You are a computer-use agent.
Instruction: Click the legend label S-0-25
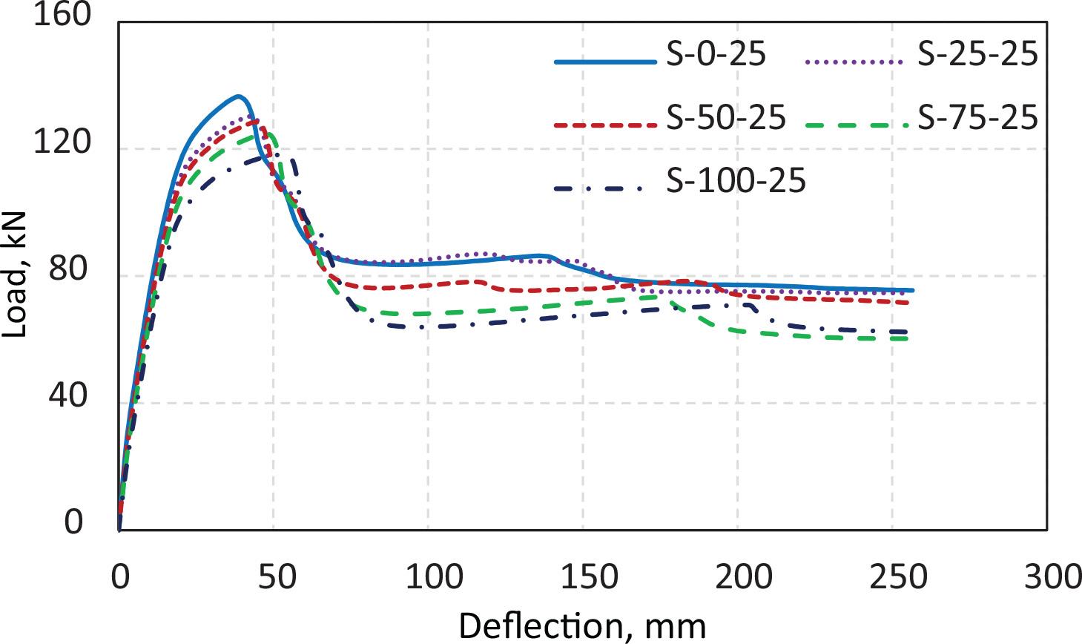pyautogui.click(x=716, y=56)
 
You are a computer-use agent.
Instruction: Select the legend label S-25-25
pyautogui.click(x=977, y=56)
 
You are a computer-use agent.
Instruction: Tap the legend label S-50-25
pyautogui.click(x=725, y=118)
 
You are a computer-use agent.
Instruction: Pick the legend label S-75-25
pyautogui.click(x=977, y=118)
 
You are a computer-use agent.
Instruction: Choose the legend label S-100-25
pyautogui.click(x=735, y=181)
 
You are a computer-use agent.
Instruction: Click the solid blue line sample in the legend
pyautogui.click(x=605, y=62)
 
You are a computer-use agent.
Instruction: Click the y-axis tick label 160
pyautogui.click(x=62, y=16)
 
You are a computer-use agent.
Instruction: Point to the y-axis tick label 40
pyautogui.click(x=72, y=398)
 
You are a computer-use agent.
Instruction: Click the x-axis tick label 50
pyautogui.click(x=274, y=577)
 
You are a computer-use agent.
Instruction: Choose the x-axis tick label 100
pyautogui.click(x=428, y=577)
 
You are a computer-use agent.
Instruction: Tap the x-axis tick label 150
pyautogui.click(x=583, y=577)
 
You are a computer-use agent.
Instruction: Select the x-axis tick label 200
pyautogui.click(x=738, y=577)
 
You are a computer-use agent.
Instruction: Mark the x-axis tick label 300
pyautogui.click(x=1046, y=577)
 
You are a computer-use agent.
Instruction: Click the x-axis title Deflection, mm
pyautogui.click(x=582, y=626)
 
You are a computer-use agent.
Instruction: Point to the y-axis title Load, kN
pyautogui.click(x=15, y=275)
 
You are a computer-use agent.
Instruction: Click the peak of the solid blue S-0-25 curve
pyautogui.click(x=237, y=96)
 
